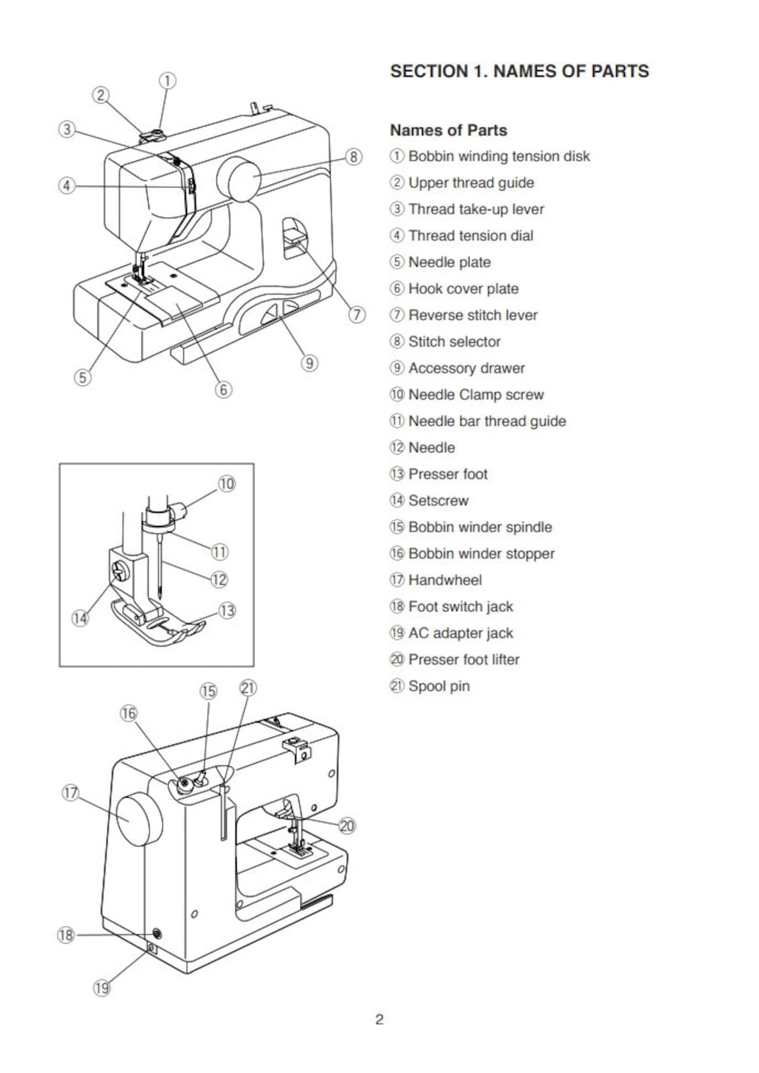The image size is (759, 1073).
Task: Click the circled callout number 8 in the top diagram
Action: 353,157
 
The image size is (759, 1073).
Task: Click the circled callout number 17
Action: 71,793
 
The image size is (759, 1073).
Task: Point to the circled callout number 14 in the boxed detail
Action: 80,618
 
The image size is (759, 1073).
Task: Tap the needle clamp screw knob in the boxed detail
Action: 179,510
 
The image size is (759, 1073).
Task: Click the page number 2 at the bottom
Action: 379,1019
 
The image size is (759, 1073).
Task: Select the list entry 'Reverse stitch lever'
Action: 473,315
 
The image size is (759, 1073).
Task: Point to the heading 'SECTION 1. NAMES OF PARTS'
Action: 520,71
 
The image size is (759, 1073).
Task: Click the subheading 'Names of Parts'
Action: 448,130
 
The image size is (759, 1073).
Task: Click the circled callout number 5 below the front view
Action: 82,377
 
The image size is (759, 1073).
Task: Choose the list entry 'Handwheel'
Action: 445,580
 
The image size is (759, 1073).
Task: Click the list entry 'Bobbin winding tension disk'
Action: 499,156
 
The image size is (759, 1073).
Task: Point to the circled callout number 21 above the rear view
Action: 248,688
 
